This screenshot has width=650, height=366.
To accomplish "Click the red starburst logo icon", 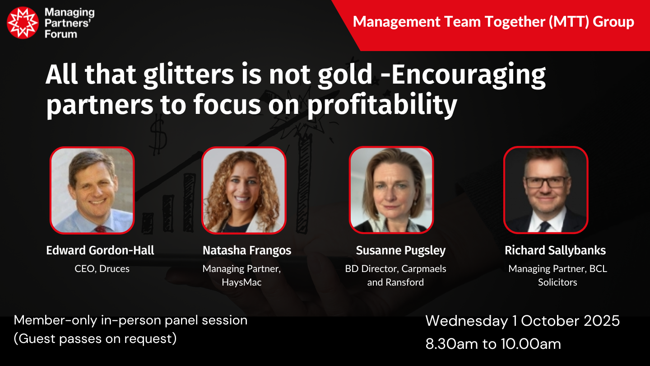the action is coord(23,23).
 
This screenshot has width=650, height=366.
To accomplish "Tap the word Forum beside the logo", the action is coord(61,34).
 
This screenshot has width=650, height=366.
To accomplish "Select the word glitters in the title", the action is coord(189,75).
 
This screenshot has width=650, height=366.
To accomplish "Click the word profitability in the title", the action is coord(382,105).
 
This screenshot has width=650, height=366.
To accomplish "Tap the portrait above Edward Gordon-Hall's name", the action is coord(92,190).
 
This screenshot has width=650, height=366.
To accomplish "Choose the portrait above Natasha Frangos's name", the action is coord(244,190).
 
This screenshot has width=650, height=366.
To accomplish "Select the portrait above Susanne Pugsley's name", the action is coord(391,190).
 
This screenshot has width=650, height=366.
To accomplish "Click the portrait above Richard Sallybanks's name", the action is coord(546,190).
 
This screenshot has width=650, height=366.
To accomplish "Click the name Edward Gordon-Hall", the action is coord(100,250).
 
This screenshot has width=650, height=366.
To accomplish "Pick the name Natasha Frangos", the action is coord(247,251).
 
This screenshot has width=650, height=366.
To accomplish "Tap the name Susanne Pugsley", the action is coord(401,251).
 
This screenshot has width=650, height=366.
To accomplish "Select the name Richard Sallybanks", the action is coord(555,251).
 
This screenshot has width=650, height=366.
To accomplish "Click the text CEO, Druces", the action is coord(102,269).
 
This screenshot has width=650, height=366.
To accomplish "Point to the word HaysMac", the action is coord(242,282).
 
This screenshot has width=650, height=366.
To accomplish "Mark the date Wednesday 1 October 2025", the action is coord(522,321).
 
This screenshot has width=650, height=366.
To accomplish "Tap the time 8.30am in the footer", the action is coord(451,344).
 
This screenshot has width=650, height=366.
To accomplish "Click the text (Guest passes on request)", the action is coord(95,339).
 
